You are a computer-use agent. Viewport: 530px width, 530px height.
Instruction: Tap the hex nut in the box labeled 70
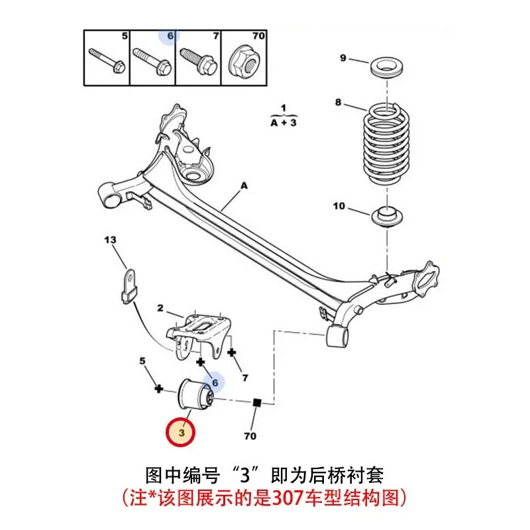pos(240,63)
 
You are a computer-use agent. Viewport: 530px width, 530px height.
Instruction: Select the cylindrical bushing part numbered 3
pos(193,396)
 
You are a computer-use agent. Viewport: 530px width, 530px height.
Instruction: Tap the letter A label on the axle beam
pos(243,187)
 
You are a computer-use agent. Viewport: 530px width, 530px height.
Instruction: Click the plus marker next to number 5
pos(158,388)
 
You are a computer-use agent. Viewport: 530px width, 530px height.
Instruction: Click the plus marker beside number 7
pos(232,352)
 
